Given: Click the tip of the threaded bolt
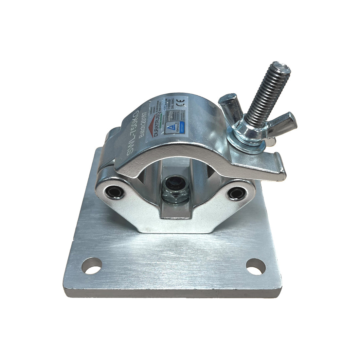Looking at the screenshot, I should [x=282, y=67].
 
